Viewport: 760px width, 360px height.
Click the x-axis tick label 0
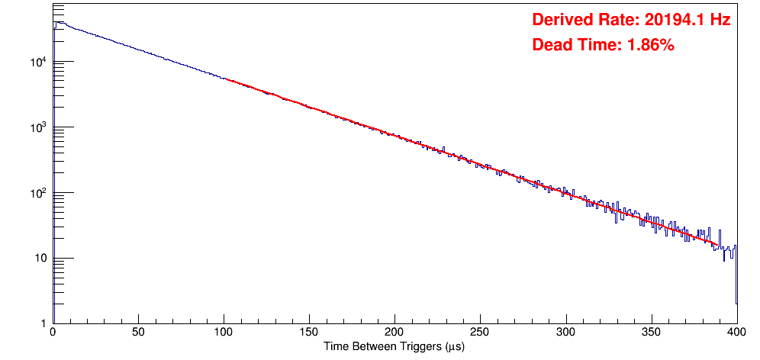coord(53,333)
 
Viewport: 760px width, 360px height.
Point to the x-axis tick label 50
coord(138,333)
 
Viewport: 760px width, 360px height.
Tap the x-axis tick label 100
coord(224,333)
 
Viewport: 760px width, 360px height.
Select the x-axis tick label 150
coord(309,333)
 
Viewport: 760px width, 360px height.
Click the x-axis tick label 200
coord(394,333)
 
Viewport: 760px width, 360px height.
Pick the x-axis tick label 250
coord(480,333)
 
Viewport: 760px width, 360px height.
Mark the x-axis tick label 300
coord(565,333)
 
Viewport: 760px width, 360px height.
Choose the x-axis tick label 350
coord(651,333)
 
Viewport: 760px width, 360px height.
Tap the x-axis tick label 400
coord(736,333)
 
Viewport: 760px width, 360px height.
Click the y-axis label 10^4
coord(38,62)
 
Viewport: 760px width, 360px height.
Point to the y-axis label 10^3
coord(38,127)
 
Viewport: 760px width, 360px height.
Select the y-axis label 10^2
coord(38,193)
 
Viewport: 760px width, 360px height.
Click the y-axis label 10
coord(40,259)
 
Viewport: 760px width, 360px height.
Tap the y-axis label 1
coord(43,323)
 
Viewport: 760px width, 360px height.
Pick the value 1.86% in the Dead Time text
coord(650,45)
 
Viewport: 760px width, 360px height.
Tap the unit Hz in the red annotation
coord(721,21)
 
